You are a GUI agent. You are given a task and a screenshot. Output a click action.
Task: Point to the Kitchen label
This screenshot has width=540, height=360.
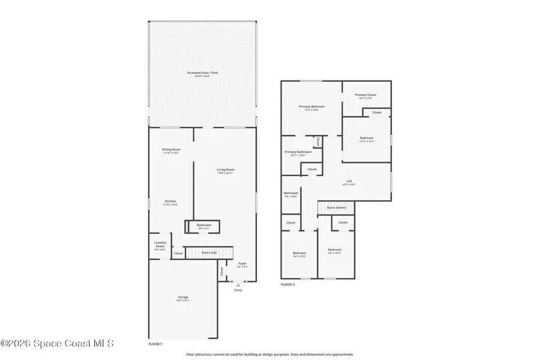pyautogui.click(x=170, y=202)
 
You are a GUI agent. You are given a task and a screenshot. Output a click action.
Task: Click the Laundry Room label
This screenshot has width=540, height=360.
pyautogui.click(x=160, y=245)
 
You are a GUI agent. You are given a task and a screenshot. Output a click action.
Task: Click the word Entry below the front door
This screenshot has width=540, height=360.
pyautogui.click(x=238, y=290)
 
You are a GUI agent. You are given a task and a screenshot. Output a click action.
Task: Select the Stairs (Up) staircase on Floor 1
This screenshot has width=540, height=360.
pyautogui.click(x=208, y=253)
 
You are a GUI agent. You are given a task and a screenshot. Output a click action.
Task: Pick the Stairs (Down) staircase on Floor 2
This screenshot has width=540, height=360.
pyautogui.click(x=336, y=208)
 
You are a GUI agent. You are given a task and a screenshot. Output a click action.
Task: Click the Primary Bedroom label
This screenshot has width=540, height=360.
pyautogui.click(x=311, y=107)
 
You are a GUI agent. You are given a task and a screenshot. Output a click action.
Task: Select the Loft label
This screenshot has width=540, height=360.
pyautogui.click(x=349, y=182)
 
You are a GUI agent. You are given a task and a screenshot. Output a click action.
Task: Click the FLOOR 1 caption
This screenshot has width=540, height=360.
pyautogui.click(x=155, y=344)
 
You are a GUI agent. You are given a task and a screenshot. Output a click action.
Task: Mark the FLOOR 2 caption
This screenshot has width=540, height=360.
pyautogui.click(x=288, y=284)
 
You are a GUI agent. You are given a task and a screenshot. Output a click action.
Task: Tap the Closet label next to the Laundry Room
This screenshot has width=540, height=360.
pyautogui.click(x=178, y=254)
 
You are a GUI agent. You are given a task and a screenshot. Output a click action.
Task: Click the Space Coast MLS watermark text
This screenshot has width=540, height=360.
pyautogui.click(x=57, y=344)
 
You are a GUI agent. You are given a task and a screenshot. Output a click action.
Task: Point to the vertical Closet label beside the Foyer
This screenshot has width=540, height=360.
pyautogui.click(x=221, y=271)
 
